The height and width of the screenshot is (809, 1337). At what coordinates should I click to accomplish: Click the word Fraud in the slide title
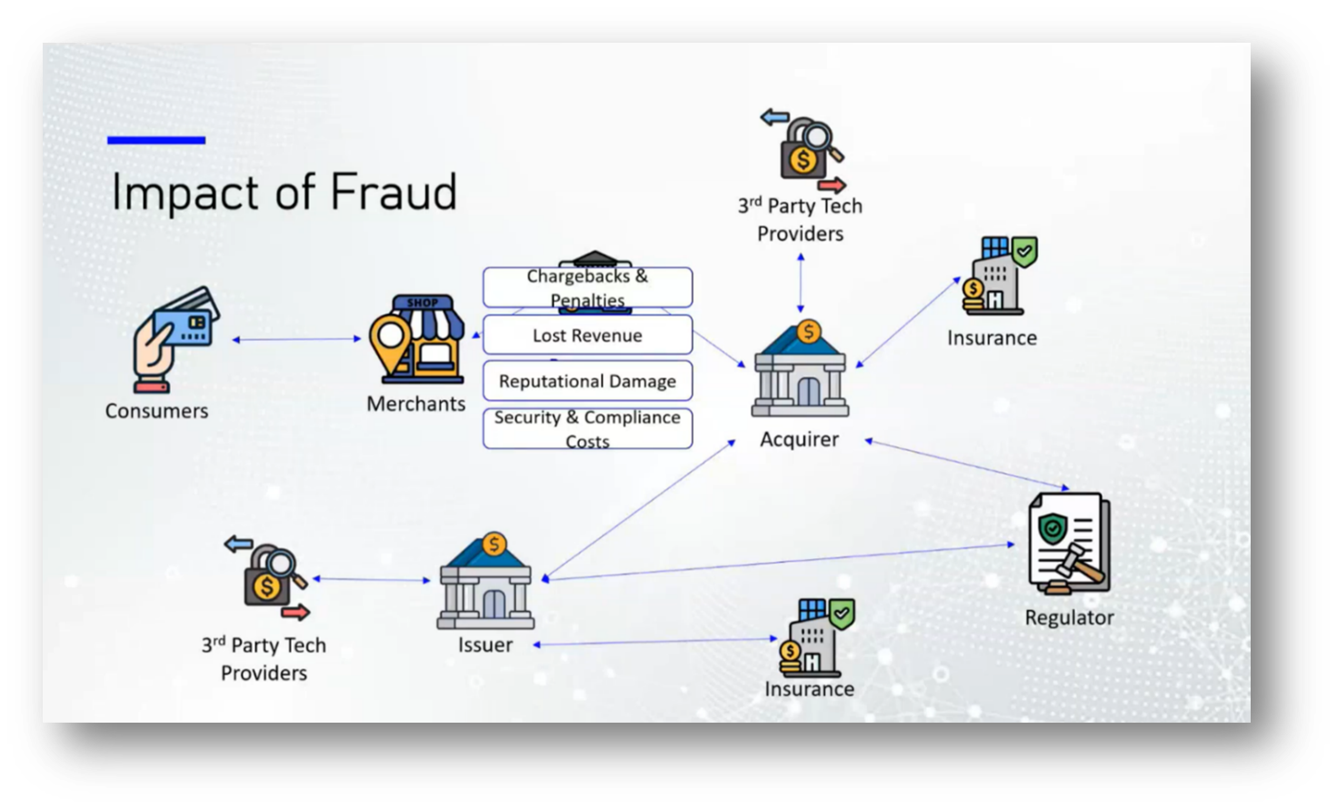393,193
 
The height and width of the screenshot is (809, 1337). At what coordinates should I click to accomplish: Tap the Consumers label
156,411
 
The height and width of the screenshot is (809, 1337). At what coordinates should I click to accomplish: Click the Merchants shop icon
417,337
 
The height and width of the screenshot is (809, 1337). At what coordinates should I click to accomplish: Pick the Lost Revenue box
587,335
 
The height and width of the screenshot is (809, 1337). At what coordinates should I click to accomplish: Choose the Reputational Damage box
587,381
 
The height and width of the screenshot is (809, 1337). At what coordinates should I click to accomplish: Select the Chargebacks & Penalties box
587,287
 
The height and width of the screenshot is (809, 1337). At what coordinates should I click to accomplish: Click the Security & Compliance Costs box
587,429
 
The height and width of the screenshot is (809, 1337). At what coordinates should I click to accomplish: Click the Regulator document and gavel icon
1068,544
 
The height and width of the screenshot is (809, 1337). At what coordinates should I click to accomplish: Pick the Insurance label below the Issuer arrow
809,689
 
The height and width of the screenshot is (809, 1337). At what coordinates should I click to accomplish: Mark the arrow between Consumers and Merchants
296,339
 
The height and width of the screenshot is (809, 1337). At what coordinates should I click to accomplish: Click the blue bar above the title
156,140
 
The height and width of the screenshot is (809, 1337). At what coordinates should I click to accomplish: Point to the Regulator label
1069,617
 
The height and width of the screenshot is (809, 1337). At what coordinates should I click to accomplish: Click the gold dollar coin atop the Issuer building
494,544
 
